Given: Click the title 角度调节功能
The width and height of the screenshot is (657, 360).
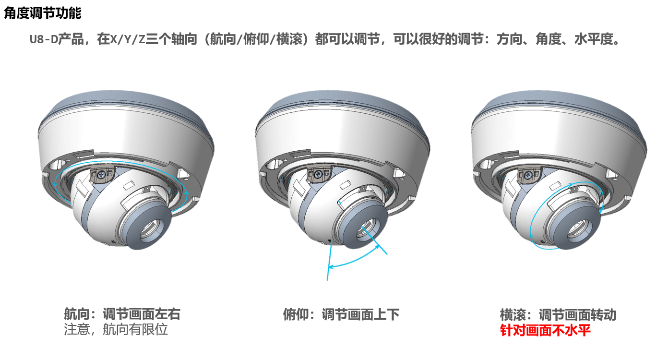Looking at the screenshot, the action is click(x=43, y=13).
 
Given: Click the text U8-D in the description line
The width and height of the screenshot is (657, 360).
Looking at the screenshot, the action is click(x=44, y=39).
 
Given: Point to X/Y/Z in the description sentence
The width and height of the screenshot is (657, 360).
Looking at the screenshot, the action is click(x=128, y=39).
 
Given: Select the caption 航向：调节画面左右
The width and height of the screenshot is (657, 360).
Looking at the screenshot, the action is click(x=122, y=314).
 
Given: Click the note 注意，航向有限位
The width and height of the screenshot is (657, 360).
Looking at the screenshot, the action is click(x=116, y=329).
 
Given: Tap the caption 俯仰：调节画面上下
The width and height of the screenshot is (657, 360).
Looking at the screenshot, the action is click(x=341, y=314).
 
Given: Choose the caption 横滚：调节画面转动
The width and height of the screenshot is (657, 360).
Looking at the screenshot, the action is click(x=558, y=315).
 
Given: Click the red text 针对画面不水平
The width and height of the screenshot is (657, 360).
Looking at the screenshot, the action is click(x=545, y=330).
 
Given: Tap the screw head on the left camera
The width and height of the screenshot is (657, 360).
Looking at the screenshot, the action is click(x=101, y=175).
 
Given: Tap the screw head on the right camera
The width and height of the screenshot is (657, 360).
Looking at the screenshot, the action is click(x=528, y=175).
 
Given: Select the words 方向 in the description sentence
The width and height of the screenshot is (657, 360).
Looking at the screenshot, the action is click(x=510, y=39).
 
